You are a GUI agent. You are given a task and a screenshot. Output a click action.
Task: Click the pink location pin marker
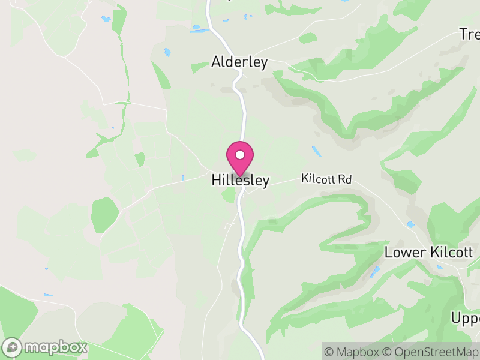pyautogui.click(x=240, y=158)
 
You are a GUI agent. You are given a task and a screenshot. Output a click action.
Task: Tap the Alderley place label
pyautogui.click(x=239, y=62)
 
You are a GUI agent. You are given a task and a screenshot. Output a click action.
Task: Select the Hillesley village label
pyautogui.click(x=241, y=180)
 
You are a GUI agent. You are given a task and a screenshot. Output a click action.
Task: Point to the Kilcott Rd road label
pyautogui.click(x=326, y=179)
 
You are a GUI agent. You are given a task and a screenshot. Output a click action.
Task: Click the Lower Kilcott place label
pyautogui.click(x=428, y=252)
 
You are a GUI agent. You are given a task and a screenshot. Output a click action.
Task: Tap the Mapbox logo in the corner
pyautogui.click(x=46, y=347)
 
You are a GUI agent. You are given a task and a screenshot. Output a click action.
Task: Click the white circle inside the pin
pyautogui.click(x=240, y=155)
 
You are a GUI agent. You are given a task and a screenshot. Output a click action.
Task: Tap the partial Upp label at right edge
pyautogui.click(x=466, y=318)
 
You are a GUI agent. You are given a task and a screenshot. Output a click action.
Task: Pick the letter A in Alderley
pyautogui.click(x=216, y=62)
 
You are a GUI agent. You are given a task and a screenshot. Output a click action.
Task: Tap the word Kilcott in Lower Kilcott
pyautogui.click(x=451, y=252)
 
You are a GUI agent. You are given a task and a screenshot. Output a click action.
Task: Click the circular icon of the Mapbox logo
pyautogui.click(x=13, y=347)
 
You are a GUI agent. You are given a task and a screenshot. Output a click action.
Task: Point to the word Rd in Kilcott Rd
pyautogui.click(x=344, y=179)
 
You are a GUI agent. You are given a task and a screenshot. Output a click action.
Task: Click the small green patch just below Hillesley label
pyautogui.click(x=228, y=194)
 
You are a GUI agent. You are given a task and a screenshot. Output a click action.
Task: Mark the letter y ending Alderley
pyautogui.click(x=263, y=64)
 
